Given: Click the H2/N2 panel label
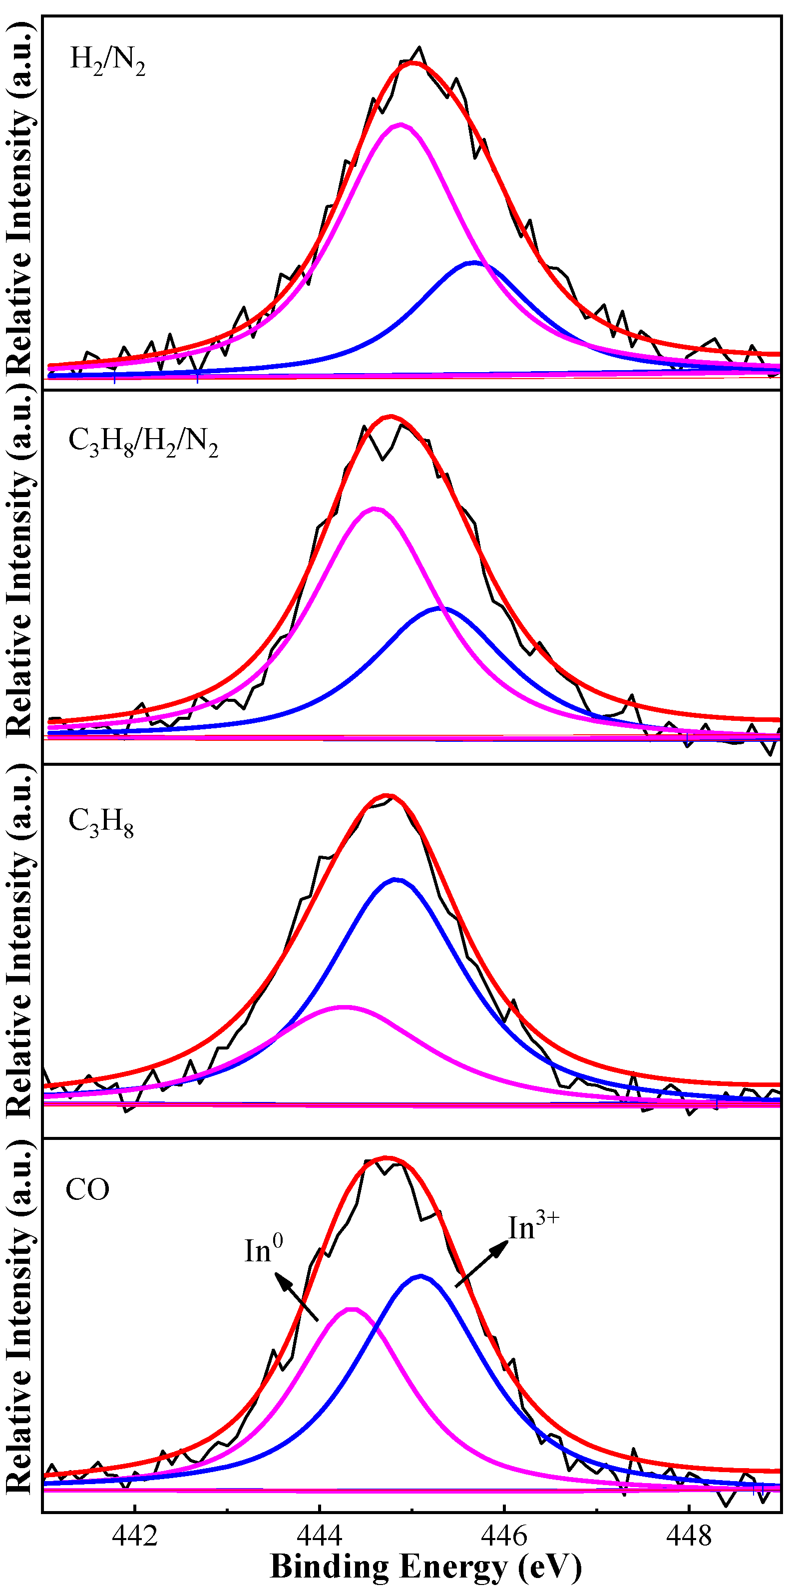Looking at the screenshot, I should pyautogui.click(x=107, y=60).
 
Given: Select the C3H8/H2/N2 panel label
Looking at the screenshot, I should pyautogui.click(x=143, y=442).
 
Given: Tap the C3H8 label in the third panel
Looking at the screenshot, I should pyautogui.click(x=101, y=823).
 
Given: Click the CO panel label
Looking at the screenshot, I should pyautogui.click(x=88, y=1189).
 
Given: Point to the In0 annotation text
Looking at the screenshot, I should pyautogui.click(x=264, y=1251).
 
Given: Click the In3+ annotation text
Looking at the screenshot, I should pyautogui.click(x=533, y=1227).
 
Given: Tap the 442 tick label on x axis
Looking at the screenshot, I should pyautogui.click(x=135, y=1534).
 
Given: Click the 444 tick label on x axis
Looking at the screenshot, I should pyautogui.click(x=319, y=1534).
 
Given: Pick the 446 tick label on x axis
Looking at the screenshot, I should pyautogui.click(x=504, y=1534).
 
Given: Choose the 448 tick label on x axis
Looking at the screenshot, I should pyautogui.click(x=689, y=1534).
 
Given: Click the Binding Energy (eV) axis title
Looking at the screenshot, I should pyautogui.click(x=426, y=1568).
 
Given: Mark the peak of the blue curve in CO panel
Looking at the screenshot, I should pyautogui.click(x=420, y=1276).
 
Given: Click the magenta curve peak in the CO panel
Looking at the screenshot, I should pyautogui.click(x=352, y=1309).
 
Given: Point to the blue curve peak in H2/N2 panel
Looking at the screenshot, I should pyautogui.click(x=474, y=263).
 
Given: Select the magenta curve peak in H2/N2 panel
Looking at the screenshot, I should pyautogui.click(x=401, y=125).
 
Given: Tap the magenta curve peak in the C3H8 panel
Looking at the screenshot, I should pyautogui.click(x=344, y=1008).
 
